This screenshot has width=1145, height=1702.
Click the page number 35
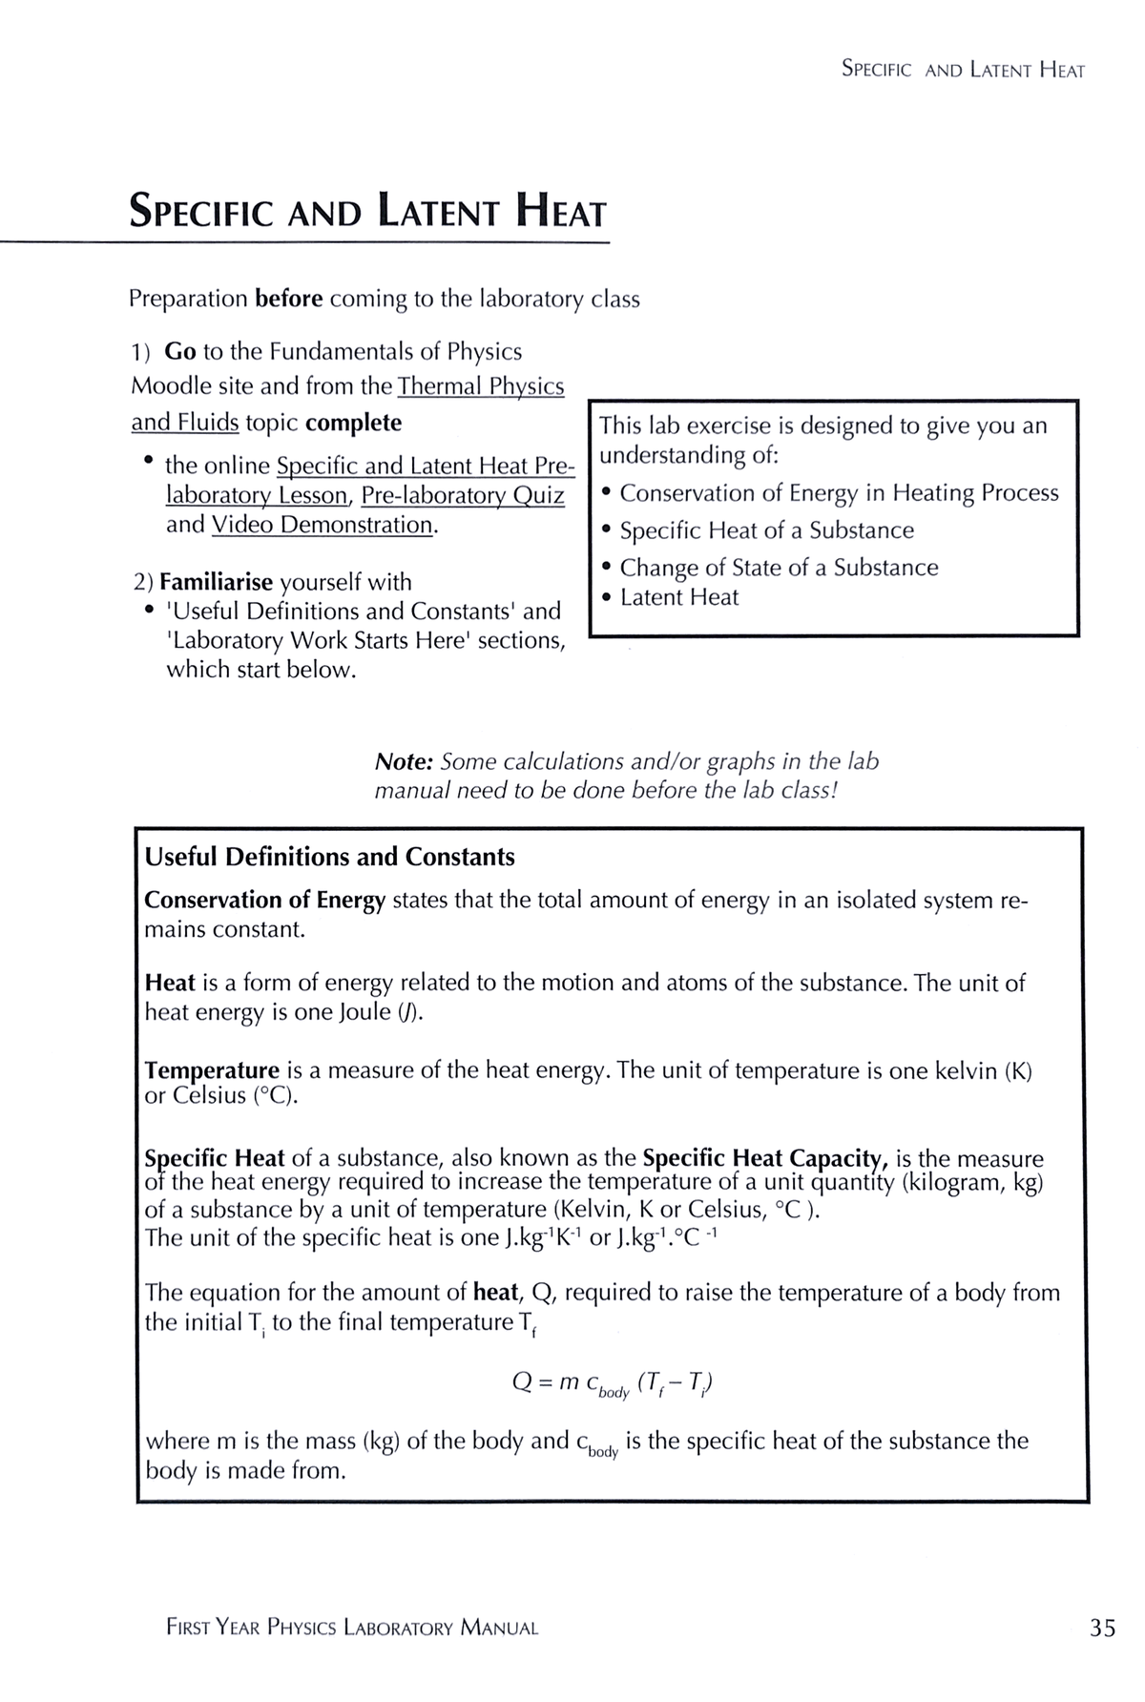(1102, 1628)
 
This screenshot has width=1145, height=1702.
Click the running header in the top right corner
(963, 70)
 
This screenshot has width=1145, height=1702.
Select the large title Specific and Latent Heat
(367, 211)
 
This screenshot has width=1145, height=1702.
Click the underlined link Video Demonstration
(323, 525)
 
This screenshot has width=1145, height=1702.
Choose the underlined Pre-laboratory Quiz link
(463, 495)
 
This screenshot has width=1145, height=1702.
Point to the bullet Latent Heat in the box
(678, 597)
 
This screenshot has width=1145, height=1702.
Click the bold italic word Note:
(405, 761)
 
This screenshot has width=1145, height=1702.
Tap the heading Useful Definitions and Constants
(329, 857)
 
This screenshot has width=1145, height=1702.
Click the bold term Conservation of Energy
(264, 901)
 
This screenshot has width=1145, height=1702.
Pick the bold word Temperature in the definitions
(212, 1070)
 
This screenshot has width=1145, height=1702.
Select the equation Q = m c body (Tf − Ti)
(612, 1383)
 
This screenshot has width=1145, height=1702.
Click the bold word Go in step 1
(180, 351)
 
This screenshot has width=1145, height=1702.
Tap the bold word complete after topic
(353, 423)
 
